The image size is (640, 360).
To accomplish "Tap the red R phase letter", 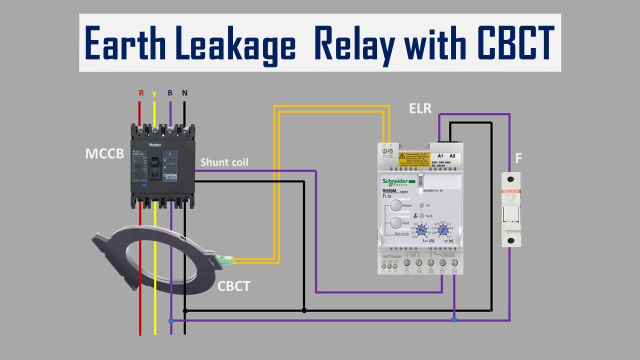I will (141, 93).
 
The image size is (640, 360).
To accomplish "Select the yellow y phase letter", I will (154, 93).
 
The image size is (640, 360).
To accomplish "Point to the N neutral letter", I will (184, 93).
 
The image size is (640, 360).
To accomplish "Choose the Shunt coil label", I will (224, 162).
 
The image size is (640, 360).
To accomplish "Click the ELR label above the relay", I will (420, 107).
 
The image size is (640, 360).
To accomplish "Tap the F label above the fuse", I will (518, 159).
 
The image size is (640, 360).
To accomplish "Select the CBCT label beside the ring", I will (234, 286).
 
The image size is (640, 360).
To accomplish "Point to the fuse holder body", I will (511, 209).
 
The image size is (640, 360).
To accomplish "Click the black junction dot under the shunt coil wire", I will (304, 310).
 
